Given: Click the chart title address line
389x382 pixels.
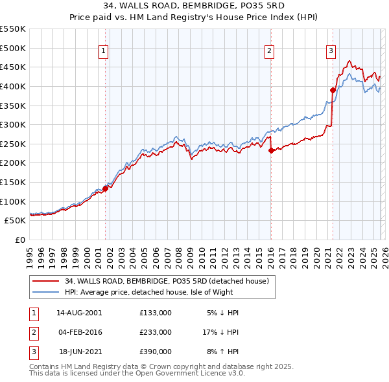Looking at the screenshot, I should (194, 6).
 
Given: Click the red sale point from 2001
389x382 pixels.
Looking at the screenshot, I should (105, 188).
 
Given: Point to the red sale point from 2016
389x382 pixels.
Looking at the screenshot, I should (270, 150).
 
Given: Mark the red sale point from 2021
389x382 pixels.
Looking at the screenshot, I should (333, 90).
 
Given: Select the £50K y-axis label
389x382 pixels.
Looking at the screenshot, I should (15, 220).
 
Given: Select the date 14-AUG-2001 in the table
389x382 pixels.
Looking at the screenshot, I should (79, 313).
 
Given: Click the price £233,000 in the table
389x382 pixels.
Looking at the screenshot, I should (155, 332).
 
